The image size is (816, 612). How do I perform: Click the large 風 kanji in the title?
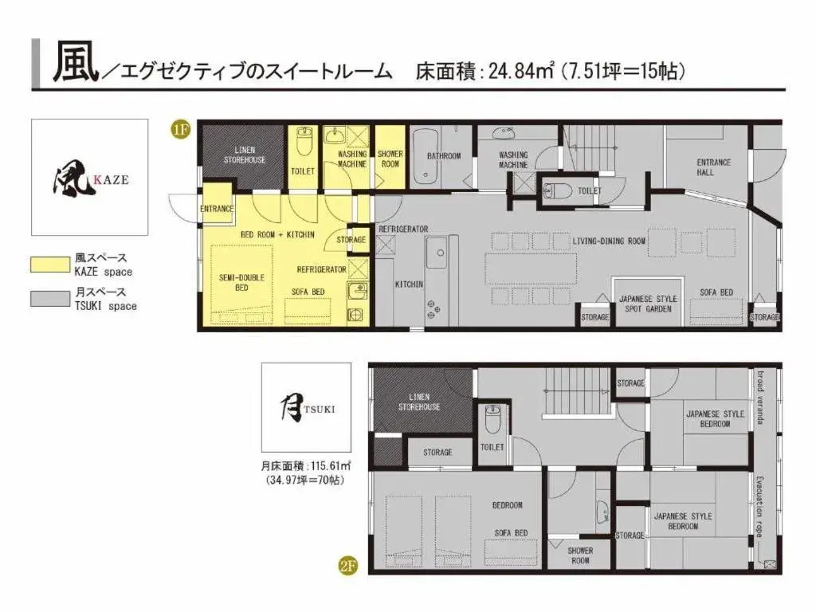pos(75,63)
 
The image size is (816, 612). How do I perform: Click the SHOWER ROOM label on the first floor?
pos(390,159)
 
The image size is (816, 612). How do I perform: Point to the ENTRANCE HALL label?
pos(713,167)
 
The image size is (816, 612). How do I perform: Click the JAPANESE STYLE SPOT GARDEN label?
pos(648,304)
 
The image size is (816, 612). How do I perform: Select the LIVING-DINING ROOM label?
pos(608,240)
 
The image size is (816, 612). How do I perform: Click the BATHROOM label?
pos(443,156)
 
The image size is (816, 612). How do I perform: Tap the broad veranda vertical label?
pos(761,396)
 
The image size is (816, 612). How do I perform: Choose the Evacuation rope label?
pos(761,508)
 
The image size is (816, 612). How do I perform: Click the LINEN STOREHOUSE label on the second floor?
pos(419,402)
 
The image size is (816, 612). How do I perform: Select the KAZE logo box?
pos(89,177)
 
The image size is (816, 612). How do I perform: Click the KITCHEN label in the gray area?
pos(409,284)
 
